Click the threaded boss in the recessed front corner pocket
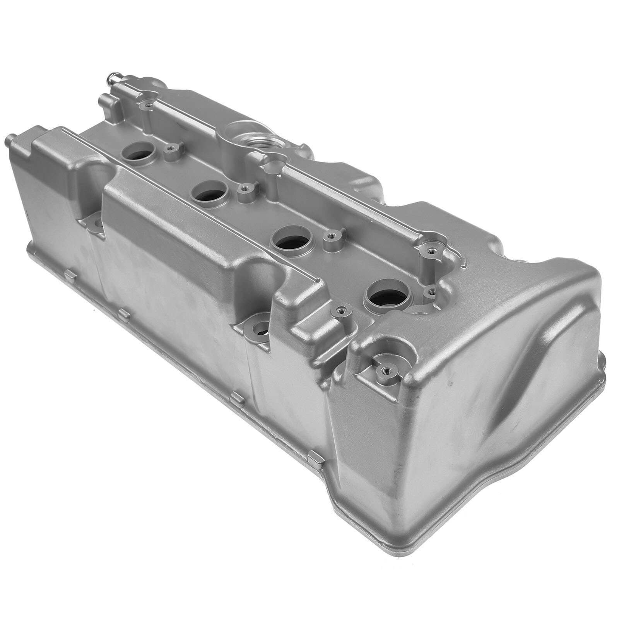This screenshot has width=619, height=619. coord(384,369)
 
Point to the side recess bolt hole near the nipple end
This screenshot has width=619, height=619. coord(93,224)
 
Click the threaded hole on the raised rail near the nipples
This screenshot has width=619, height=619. coord(148,104)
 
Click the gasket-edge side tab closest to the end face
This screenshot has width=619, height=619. coord(315,459)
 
